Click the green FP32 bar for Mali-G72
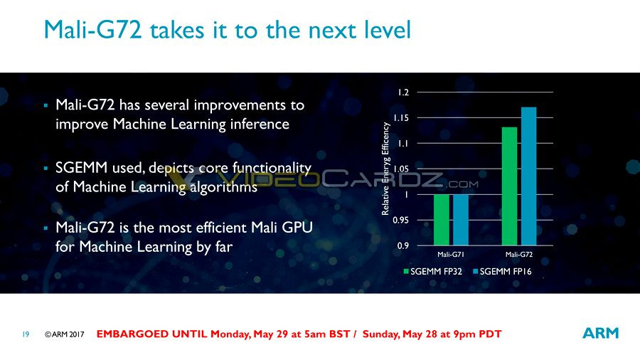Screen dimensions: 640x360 coord(509,186)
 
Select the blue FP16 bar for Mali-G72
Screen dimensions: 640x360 coord(528,176)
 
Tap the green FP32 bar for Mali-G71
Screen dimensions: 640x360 coord(441,220)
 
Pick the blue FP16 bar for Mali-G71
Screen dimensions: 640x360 coord(461,220)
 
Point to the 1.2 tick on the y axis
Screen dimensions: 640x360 coord(403,92)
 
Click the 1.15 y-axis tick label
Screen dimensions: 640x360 coord(401,118)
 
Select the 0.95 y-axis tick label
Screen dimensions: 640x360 coord(401,221)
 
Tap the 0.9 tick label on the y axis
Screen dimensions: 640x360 coord(403,245)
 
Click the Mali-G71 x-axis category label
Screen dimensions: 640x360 coord(451,254)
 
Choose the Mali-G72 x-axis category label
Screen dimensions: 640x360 coord(519,254)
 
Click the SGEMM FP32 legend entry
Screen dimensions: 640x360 coord(433,272)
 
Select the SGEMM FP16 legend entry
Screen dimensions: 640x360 coord(503,272)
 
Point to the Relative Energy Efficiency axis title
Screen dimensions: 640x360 coord(385,169)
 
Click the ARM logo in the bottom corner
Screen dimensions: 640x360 coord(600,333)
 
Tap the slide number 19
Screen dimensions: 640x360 coord(26,334)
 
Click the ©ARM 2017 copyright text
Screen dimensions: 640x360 coord(65,334)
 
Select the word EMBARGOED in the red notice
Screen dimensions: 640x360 coord(133,334)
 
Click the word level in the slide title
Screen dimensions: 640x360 coord(388,30)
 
